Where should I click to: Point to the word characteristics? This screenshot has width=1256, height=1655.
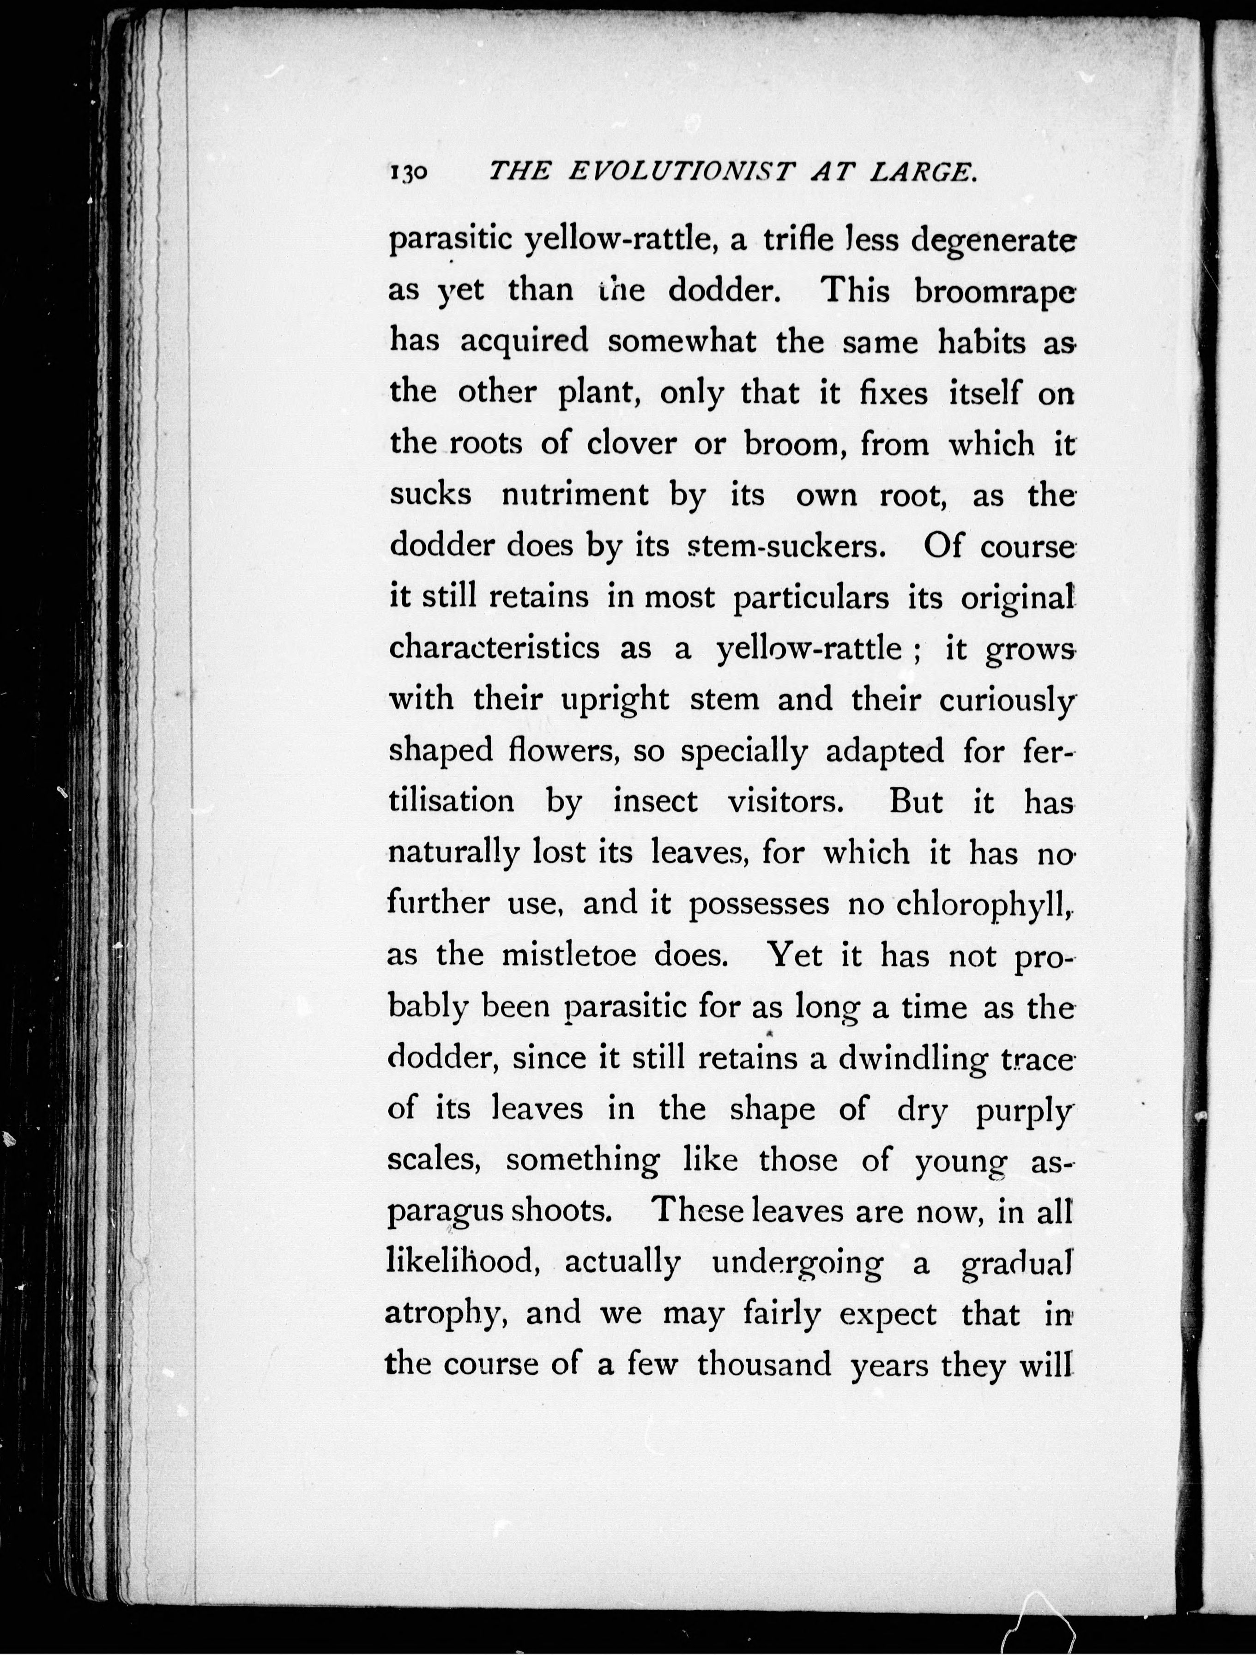click(x=495, y=648)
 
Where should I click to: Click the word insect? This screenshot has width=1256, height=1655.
click(x=655, y=802)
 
